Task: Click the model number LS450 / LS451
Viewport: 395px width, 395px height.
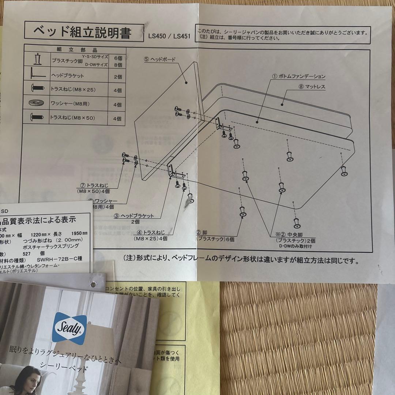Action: coord(169,36)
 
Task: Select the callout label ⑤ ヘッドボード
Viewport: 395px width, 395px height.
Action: coord(160,59)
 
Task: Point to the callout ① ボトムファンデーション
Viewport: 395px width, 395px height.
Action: coord(298,76)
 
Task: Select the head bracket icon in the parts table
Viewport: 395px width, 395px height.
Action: coord(37,75)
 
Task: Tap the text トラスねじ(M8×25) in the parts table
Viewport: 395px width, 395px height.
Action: coord(73,89)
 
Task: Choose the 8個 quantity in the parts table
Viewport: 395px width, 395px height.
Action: coord(117,65)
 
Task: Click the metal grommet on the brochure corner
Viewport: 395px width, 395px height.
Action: coord(94,283)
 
